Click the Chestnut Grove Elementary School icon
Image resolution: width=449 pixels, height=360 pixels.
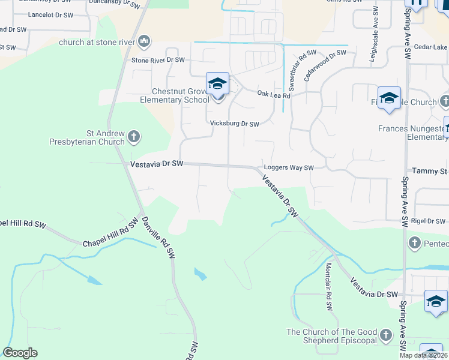[x=217, y=85]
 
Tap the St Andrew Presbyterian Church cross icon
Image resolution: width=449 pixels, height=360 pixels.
[x=133, y=137]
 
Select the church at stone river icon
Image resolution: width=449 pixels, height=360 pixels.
[x=143, y=41]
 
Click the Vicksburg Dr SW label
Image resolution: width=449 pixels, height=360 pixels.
[x=234, y=124]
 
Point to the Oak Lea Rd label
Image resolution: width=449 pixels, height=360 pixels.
[x=273, y=94]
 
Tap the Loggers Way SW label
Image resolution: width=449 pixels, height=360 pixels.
[x=289, y=169]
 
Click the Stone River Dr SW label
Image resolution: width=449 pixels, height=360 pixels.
[x=158, y=60]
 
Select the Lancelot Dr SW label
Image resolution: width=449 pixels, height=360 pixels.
[x=50, y=14]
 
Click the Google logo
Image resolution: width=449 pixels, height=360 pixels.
[x=20, y=353]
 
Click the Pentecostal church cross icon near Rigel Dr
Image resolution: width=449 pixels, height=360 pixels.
[x=414, y=242]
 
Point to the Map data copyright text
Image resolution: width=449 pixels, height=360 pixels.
[x=423, y=355]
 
